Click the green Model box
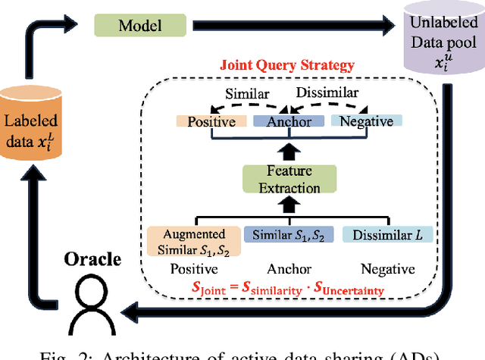tap(140, 25)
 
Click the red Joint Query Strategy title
tap(286, 65)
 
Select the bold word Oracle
tap(93, 260)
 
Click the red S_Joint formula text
tap(289, 288)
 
